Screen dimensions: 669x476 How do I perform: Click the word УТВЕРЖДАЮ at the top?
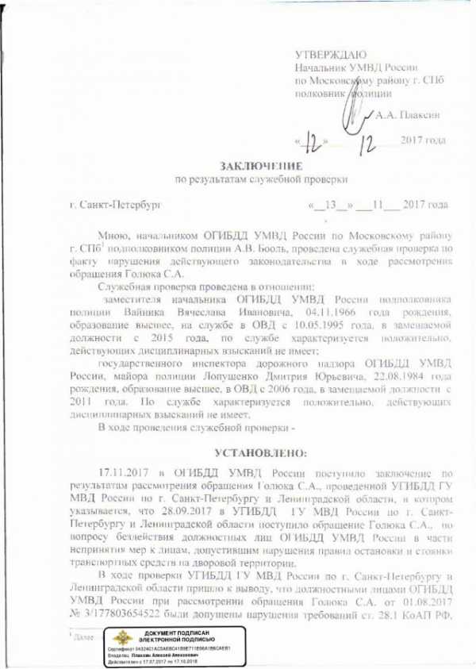[x=330, y=56]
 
